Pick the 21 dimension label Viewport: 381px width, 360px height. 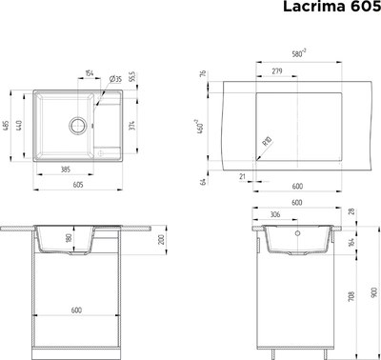click(x=243, y=176)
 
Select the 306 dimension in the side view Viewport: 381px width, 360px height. click(x=274, y=215)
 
